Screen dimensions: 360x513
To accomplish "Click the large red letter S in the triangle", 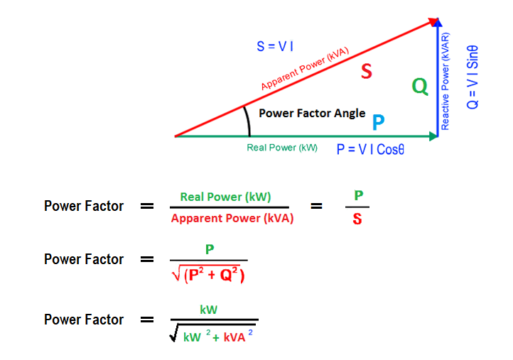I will (x=365, y=72).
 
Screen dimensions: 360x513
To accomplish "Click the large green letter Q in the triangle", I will (x=420, y=87).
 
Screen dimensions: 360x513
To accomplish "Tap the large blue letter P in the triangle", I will (x=379, y=122).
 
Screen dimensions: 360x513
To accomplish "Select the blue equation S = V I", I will (x=275, y=46).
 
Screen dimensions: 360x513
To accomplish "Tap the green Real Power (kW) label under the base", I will (x=282, y=148).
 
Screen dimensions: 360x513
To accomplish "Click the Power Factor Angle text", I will (x=312, y=113).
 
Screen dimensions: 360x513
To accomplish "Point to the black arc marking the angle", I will (x=247, y=120).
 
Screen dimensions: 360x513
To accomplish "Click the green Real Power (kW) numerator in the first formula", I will (x=225, y=197).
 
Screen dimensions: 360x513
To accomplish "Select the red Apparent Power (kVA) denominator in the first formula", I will (x=232, y=218).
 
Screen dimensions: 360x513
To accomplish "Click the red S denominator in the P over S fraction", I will (x=357, y=219).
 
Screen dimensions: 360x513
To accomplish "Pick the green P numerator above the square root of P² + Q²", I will (x=209, y=249).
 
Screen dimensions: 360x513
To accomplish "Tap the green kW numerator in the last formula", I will (x=208, y=310).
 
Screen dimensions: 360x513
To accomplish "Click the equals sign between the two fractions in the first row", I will (x=317, y=207).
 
